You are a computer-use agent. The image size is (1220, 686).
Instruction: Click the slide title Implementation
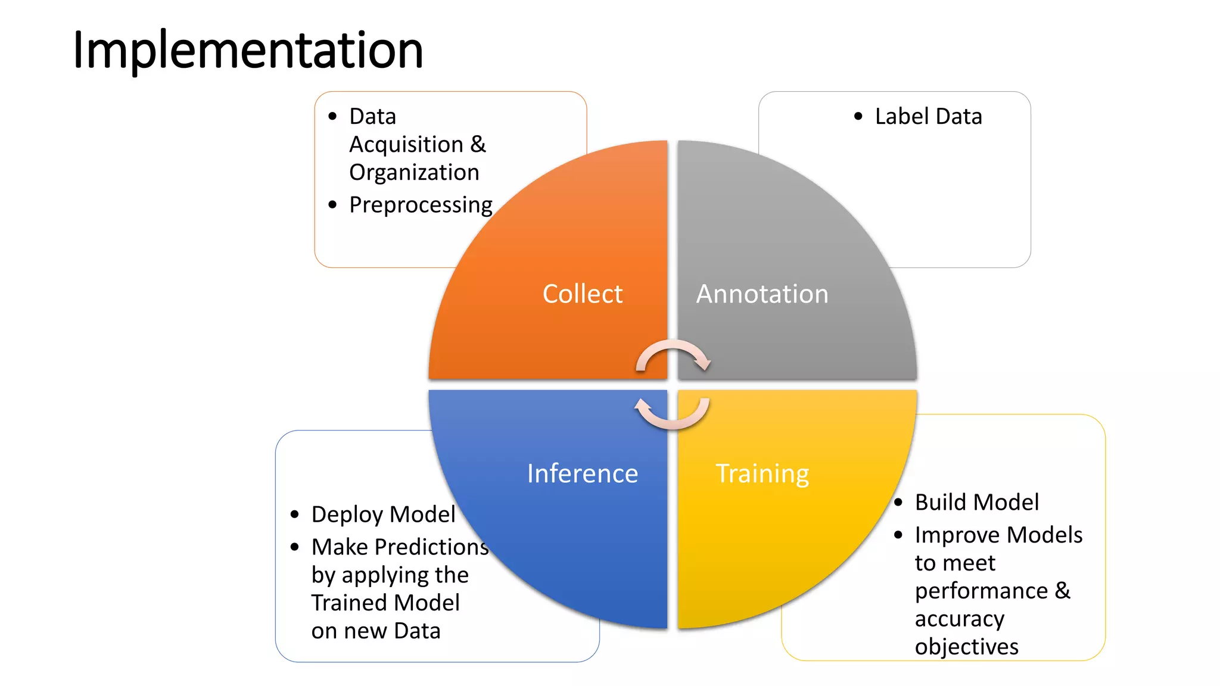tap(248, 50)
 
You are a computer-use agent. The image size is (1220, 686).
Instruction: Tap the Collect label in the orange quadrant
tap(582, 294)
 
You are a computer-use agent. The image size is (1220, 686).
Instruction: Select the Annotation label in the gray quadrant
tap(762, 294)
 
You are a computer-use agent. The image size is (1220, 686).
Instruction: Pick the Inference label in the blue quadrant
tap(582, 473)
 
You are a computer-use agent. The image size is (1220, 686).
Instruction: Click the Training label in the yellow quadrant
tap(762, 473)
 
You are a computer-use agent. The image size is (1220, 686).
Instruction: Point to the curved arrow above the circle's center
tap(673, 354)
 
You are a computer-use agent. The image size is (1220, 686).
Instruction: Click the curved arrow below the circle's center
tap(672, 415)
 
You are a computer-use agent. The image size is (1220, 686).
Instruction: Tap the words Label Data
tap(928, 116)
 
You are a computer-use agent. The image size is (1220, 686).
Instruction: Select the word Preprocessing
tap(421, 205)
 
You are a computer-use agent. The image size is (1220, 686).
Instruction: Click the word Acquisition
tap(406, 144)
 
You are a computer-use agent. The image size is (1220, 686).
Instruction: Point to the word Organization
tap(414, 172)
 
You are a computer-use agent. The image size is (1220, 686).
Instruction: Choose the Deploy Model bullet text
tap(383, 514)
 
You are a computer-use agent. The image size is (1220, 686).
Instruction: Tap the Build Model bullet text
tap(976, 502)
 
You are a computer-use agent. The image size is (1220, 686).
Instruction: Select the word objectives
tap(966, 646)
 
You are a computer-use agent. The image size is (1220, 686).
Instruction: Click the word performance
tap(981, 591)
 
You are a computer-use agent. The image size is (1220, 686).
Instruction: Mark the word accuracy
tap(959, 619)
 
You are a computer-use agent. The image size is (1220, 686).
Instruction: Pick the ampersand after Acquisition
tap(478, 144)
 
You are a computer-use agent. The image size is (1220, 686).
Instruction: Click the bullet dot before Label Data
tap(858, 116)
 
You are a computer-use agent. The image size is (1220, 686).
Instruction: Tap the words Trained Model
tap(385, 603)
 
